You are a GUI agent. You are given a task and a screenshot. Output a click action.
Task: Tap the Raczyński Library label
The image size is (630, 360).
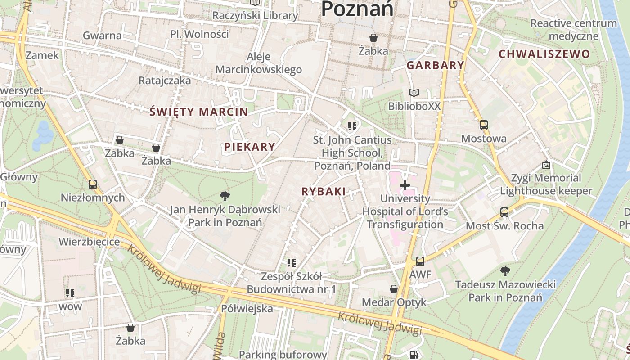tap(255, 15)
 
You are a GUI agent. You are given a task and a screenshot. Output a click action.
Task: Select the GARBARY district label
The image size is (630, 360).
tap(435, 65)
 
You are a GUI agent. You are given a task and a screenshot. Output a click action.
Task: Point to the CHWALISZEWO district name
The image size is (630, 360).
tap(544, 54)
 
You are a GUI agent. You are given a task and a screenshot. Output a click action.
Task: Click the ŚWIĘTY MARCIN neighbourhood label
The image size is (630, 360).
tap(198, 112)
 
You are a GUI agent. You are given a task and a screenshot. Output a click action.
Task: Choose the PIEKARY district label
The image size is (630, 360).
tap(249, 147)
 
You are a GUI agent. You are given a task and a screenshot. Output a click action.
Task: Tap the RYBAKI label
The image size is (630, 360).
tap(324, 192)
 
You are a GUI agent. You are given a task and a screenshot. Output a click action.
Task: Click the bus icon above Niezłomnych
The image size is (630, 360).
tap(93, 184)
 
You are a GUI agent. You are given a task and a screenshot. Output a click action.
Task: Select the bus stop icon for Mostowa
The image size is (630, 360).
tap(484, 125)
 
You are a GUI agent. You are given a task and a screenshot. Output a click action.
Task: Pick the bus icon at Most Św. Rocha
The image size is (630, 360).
tap(504, 212)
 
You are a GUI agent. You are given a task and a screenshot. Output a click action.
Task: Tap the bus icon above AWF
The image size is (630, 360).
tap(420, 261)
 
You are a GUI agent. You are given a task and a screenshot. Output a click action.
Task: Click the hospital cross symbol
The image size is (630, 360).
tap(405, 185)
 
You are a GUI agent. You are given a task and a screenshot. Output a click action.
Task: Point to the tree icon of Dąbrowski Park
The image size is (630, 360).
tap(225, 196)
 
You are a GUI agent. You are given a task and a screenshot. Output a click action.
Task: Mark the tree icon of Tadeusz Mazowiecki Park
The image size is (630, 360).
tap(505, 271)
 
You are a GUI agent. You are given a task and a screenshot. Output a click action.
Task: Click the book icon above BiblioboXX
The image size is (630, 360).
tap(414, 93)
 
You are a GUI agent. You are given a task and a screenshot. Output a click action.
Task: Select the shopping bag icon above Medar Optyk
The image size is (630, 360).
tap(394, 289)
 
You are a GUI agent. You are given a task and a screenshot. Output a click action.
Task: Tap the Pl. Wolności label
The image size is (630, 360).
tap(199, 34)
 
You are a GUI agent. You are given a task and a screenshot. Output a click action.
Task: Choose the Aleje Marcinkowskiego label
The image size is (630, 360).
tap(259, 63)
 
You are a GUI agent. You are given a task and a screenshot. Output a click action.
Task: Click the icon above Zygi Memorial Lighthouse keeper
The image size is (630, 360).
tap(546, 165)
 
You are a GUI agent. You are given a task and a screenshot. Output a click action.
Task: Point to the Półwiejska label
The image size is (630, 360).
tap(247, 309)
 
